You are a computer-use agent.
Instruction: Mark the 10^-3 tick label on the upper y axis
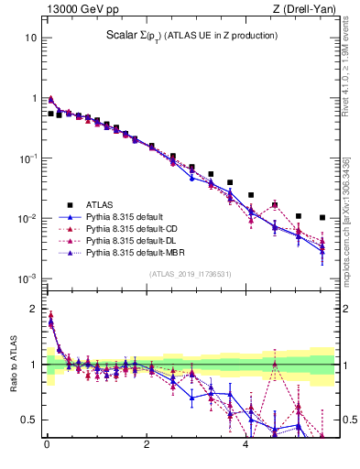coord(27,278)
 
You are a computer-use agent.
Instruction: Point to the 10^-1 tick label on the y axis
coord(27,158)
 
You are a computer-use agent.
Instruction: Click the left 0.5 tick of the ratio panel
coord(30,420)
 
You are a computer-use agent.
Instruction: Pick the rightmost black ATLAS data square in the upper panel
coord(322,218)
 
